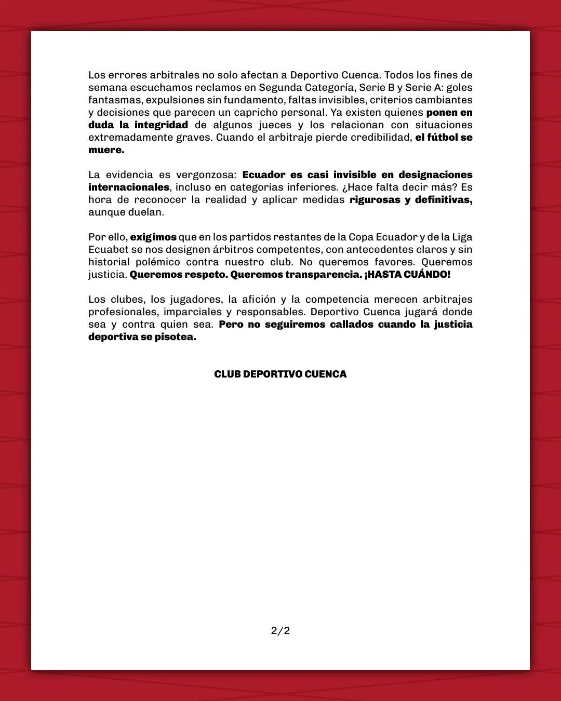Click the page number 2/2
pyautogui.click(x=280, y=631)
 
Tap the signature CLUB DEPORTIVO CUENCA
pyautogui.click(x=280, y=374)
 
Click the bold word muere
pyautogui.click(x=106, y=150)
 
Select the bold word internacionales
pyautogui.click(x=129, y=187)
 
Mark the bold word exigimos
pyautogui.click(x=153, y=237)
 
